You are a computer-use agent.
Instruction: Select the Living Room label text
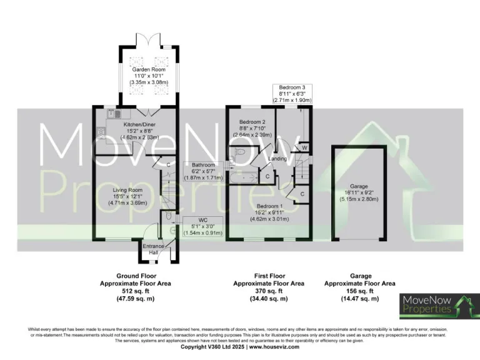[127, 189]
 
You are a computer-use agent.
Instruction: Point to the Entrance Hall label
[153, 248]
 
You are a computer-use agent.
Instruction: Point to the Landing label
[277, 159]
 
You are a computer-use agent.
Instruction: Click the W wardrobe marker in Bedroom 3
[304, 147]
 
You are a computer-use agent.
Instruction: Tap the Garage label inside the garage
[358, 186]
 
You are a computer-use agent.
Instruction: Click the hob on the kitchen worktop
[101, 131]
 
